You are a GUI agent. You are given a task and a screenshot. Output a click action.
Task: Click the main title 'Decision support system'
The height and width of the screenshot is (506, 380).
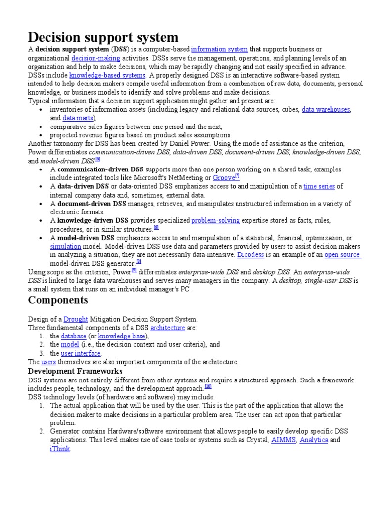click(x=103, y=37)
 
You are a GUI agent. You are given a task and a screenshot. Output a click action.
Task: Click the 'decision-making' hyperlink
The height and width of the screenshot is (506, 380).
click(x=95, y=58)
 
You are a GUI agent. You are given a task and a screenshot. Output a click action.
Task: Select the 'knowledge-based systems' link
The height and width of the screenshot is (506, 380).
click(x=107, y=75)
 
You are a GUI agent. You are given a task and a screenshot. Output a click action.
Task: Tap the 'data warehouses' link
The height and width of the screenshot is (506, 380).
click(x=326, y=110)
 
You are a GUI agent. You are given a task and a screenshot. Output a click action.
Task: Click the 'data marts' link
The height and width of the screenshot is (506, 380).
click(x=76, y=118)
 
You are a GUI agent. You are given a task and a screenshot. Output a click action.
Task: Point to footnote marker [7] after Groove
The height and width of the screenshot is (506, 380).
click(x=237, y=176)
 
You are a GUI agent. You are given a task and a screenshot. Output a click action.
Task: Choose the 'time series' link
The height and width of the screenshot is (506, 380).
click(x=319, y=186)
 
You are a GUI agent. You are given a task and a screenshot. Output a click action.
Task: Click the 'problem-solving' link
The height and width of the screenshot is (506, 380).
click(x=216, y=220)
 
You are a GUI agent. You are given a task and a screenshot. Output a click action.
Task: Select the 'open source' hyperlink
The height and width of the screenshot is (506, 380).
click(x=342, y=255)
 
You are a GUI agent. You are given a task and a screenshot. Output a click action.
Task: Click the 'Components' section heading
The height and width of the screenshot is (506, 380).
click(x=58, y=300)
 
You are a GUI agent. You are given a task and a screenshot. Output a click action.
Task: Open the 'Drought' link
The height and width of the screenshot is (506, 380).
click(x=76, y=319)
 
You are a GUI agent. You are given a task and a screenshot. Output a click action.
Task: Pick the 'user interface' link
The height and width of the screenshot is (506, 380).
click(x=81, y=353)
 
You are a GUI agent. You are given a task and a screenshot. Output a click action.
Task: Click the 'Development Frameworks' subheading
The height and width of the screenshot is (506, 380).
click(x=75, y=371)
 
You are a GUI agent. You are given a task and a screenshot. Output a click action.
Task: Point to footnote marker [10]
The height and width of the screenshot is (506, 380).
click(x=208, y=387)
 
